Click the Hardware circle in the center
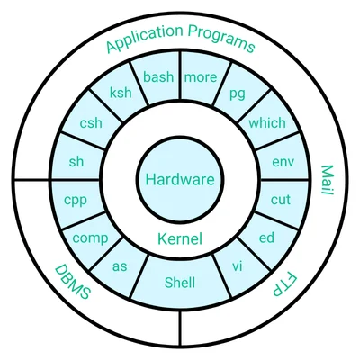180,179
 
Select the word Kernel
180,239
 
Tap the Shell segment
180,283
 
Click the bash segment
157,77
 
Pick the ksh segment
121,94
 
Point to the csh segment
91,123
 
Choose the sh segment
76,162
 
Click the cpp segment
76,200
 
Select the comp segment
90,238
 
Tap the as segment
120,266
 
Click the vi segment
238,266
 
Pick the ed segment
266,238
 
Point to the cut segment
281,200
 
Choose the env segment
282,162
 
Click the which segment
267,123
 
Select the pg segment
238,93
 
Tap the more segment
201,77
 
